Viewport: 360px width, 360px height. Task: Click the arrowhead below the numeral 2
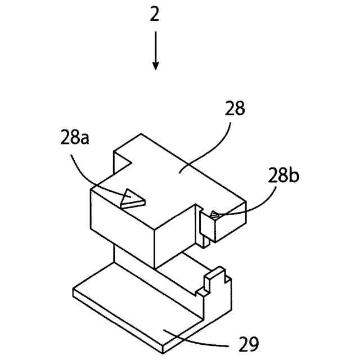point(155,66)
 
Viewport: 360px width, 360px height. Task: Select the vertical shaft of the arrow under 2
point(155,48)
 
